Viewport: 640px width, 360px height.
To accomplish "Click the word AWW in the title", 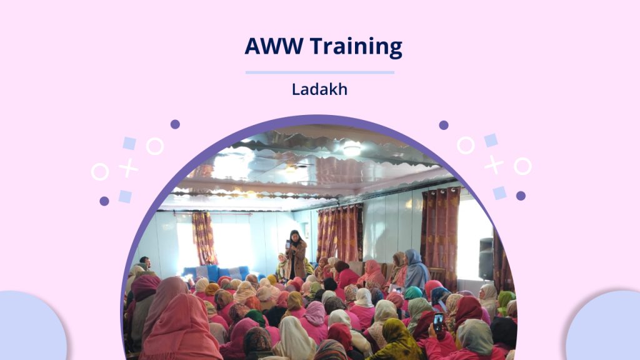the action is [x=274, y=46].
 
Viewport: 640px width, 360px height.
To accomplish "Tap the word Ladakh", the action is [x=319, y=89].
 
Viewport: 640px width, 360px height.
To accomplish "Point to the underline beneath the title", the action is [x=319, y=72].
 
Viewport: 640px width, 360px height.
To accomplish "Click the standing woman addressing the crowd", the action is [x=296, y=255].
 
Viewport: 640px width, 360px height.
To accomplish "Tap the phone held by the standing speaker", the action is [x=287, y=244].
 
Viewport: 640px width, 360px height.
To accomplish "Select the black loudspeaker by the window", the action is [x=486, y=259].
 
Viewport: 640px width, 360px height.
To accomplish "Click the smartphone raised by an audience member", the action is [x=438, y=322].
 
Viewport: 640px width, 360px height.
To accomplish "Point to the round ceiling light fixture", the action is [x=351, y=149].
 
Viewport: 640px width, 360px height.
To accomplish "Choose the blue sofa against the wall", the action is [x=216, y=273].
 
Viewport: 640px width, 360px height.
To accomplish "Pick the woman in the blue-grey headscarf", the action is [x=416, y=269].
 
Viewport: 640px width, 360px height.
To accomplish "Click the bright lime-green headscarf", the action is [x=505, y=301].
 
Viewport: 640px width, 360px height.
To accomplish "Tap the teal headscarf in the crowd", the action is [x=412, y=292].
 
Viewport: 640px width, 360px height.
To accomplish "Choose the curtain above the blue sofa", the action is [x=204, y=238].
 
